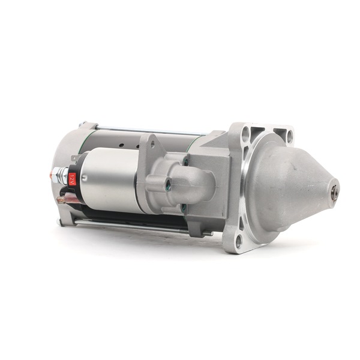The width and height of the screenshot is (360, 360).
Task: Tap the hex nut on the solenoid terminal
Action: click(56, 175)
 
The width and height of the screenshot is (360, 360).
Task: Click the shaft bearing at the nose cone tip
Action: click(334, 189)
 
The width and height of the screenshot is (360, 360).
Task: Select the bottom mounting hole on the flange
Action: click(239, 242)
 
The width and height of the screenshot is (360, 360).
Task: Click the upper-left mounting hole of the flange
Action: click(246, 133)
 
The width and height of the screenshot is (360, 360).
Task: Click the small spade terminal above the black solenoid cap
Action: click(75, 158)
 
